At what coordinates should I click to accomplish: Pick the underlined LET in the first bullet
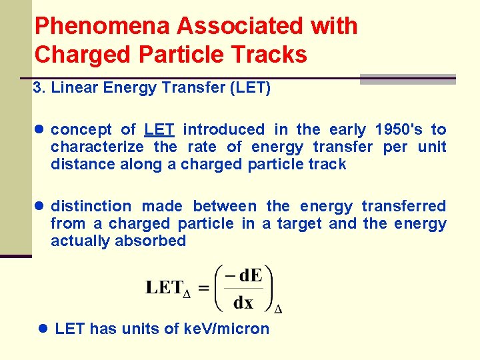pos(160,129)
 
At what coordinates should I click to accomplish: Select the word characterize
pos(97,147)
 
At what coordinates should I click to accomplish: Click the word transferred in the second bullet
pos(404,206)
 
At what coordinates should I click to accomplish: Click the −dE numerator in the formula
pos(244,275)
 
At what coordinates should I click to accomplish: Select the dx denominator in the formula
pos(243,303)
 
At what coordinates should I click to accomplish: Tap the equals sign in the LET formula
pos(203,289)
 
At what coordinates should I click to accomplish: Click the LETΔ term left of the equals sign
pos(168,289)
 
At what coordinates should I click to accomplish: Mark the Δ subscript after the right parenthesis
pos(278,309)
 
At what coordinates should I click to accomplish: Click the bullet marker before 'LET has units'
pos(43,329)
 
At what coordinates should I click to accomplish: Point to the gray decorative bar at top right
pos(407,79)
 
